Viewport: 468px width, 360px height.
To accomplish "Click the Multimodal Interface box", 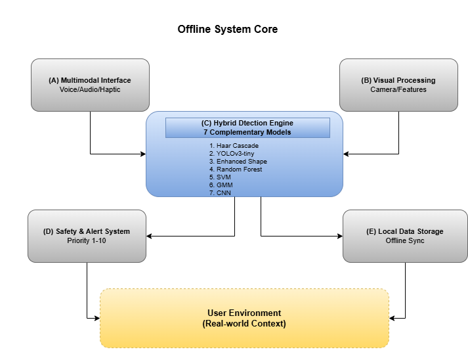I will [90, 85].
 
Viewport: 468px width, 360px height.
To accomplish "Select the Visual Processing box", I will [398, 85].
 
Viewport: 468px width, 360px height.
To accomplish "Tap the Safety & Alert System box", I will [87, 236].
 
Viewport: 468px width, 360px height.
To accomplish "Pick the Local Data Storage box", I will [405, 236].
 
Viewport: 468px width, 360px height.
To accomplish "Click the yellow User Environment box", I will [244, 318].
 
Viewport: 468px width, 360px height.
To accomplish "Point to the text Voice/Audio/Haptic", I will [90, 89].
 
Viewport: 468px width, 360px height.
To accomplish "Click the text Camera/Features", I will [398, 89].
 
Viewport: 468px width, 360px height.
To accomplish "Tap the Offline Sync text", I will [405, 240].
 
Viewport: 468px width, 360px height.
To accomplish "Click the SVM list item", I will [223, 177].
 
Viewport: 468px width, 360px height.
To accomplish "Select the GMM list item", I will [224, 185].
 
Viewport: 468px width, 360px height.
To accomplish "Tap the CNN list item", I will [224, 193].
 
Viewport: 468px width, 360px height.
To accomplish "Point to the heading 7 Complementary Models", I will [247, 132].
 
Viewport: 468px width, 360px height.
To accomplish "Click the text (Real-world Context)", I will [244, 324].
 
